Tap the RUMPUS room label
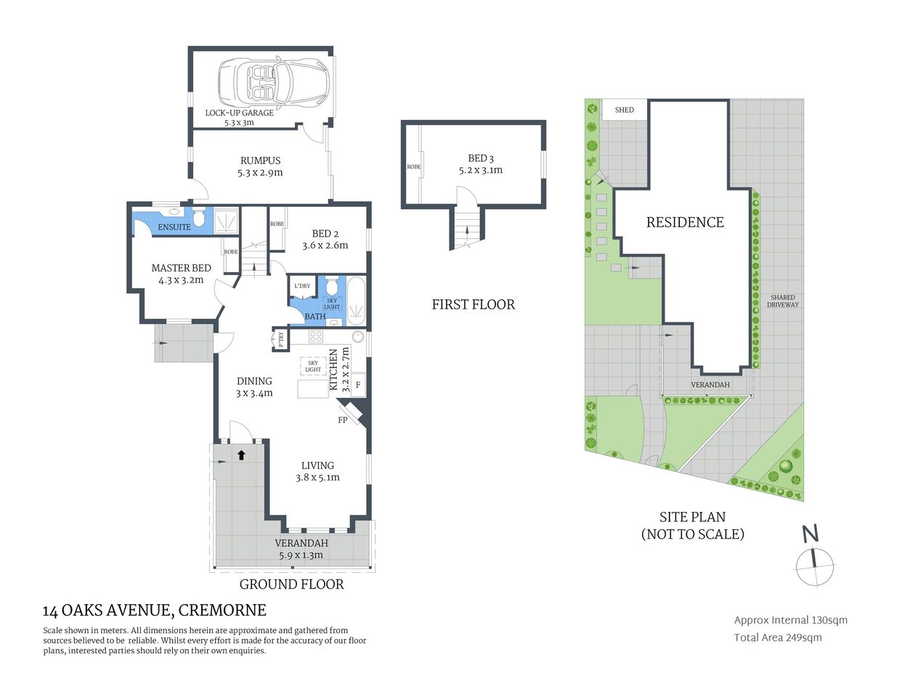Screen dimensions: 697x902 260,160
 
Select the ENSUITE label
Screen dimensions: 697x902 174,227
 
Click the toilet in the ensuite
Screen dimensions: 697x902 199,219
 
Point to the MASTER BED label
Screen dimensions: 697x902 181,268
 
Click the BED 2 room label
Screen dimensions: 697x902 325,234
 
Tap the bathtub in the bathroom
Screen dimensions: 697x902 357,300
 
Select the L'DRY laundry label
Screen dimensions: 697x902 302,286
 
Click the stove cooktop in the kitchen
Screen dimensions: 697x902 316,337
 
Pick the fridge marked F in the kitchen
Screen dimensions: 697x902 358,385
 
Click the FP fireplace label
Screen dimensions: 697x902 343,420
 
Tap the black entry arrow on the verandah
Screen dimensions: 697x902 240,455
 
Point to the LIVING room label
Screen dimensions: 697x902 317,465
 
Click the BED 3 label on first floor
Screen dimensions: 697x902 480,158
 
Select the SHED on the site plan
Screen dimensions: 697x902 624,110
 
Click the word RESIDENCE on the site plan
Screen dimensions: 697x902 685,222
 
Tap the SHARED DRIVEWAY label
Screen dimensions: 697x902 782,301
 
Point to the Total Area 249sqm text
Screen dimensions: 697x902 778,637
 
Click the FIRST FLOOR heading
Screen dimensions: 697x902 473,305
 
